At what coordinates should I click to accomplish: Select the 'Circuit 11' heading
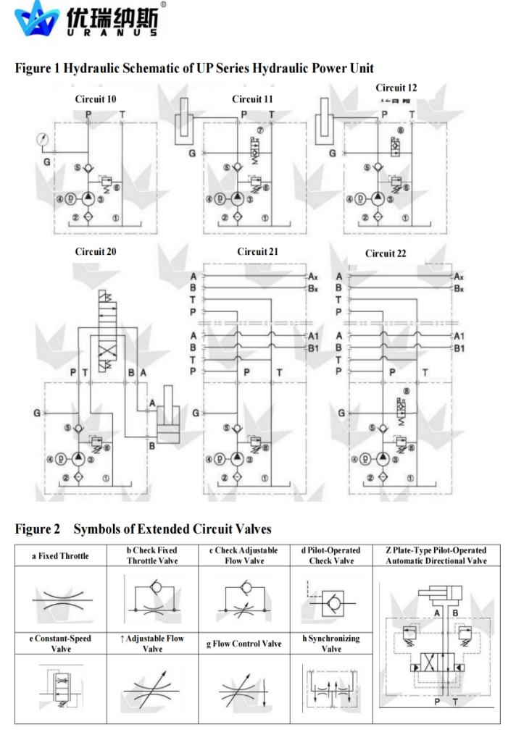click(x=252, y=98)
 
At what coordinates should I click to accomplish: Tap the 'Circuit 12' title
click(x=396, y=88)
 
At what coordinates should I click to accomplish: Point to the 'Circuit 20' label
click(x=95, y=252)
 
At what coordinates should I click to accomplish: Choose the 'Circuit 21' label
click(x=257, y=251)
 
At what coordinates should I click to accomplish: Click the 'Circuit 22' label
click(x=386, y=253)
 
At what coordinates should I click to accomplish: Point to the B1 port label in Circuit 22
click(x=459, y=348)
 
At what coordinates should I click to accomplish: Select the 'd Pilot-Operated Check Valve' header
click(x=330, y=555)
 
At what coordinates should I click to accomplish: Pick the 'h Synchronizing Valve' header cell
click(x=330, y=644)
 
